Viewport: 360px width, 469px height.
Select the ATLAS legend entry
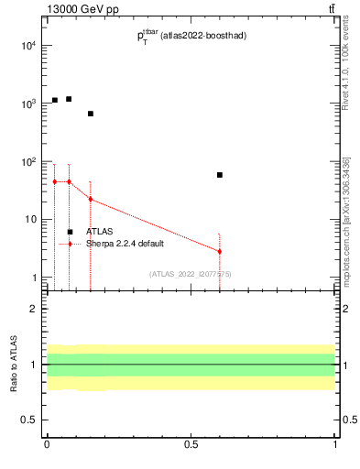(x=102, y=232)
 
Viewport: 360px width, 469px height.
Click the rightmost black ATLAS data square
(x=220, y=174)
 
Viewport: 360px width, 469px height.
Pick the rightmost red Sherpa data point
(x=220, y=251)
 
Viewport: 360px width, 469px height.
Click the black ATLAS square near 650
(x=91, y=114)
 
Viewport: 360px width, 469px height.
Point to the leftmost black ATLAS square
(x=55, y=100)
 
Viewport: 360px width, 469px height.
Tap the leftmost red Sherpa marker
(x=55, y=181)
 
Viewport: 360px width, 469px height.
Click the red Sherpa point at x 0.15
(x=91, y=199)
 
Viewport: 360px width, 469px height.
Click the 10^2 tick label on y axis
(x=28, y=161)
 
